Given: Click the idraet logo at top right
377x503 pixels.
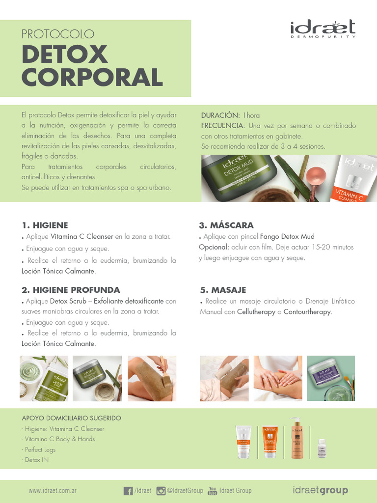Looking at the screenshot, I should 322,28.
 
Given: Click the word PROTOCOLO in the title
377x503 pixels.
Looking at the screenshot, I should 57,34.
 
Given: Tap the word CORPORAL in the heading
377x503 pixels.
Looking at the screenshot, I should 92,77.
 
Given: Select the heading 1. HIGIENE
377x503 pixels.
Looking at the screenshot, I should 45,225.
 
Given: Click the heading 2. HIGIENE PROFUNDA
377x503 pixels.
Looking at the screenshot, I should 71,290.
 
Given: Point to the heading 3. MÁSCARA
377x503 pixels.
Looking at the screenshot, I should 226,225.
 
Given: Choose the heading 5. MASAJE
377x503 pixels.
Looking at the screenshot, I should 223,290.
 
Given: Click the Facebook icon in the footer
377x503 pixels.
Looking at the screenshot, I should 128,491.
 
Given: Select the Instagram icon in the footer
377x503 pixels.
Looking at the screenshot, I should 161,491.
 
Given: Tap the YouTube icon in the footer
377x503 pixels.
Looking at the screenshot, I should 212,491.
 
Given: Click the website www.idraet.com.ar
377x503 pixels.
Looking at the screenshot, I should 53,491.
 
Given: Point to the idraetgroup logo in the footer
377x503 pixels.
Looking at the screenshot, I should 320,490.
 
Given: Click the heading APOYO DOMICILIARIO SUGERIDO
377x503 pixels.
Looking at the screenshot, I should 71,418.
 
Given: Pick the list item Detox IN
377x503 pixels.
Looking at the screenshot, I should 36,460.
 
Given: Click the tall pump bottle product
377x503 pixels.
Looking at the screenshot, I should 296,439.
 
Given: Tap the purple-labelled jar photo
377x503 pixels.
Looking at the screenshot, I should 330,378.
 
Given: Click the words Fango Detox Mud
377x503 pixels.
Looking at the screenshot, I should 287,236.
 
